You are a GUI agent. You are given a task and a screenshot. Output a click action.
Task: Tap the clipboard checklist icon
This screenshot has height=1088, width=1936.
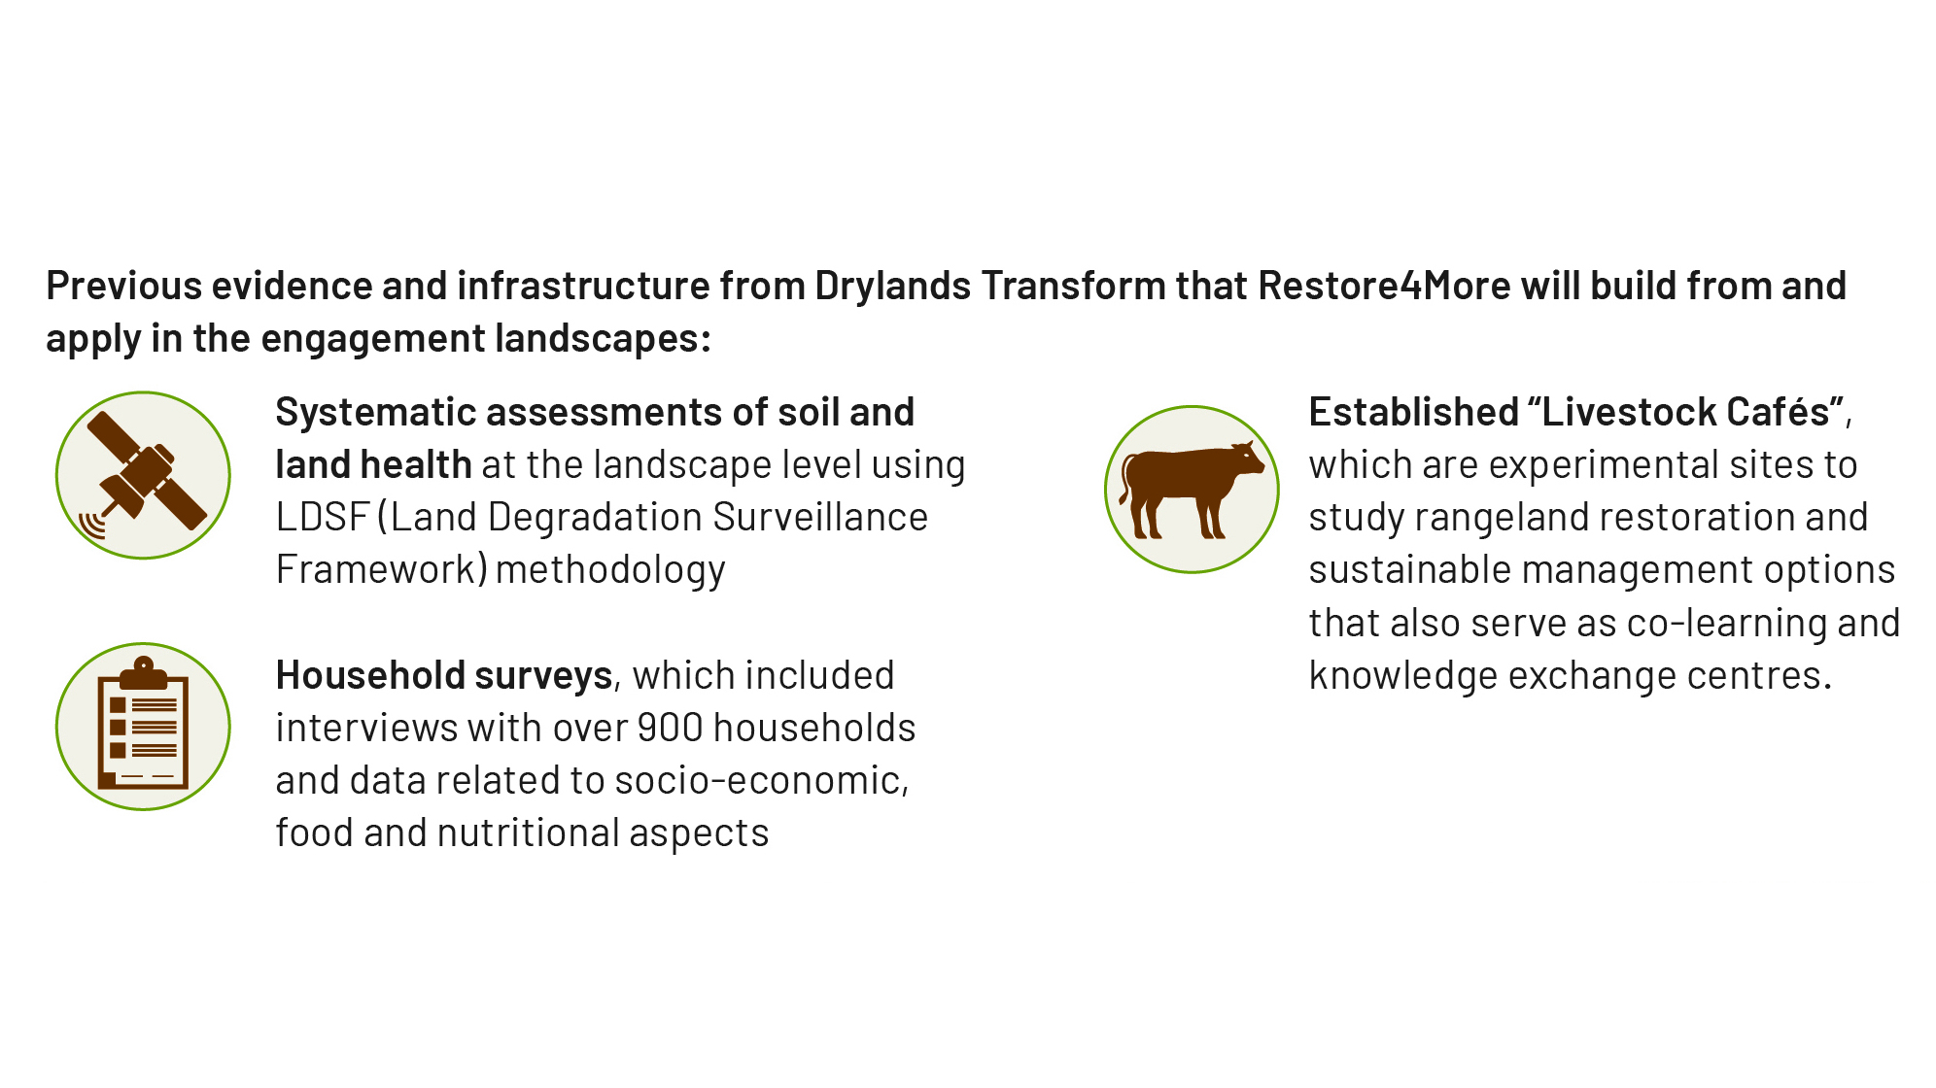point(143,724)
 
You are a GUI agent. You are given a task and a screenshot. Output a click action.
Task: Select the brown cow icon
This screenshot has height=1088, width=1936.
point(1192,489)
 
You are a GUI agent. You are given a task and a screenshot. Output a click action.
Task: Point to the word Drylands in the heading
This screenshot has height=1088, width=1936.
point(893,286)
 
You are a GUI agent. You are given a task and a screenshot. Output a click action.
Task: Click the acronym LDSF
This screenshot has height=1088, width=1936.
point(322,517)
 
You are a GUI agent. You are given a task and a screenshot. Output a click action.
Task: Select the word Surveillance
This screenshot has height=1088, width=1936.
point(819,517)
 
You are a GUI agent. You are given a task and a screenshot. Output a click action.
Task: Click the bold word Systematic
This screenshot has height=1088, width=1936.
point(375,412)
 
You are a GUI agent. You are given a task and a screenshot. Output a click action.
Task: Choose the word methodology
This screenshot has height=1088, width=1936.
point(610,570)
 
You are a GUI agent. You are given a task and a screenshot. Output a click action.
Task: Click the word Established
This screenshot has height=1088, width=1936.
point(1414,412)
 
